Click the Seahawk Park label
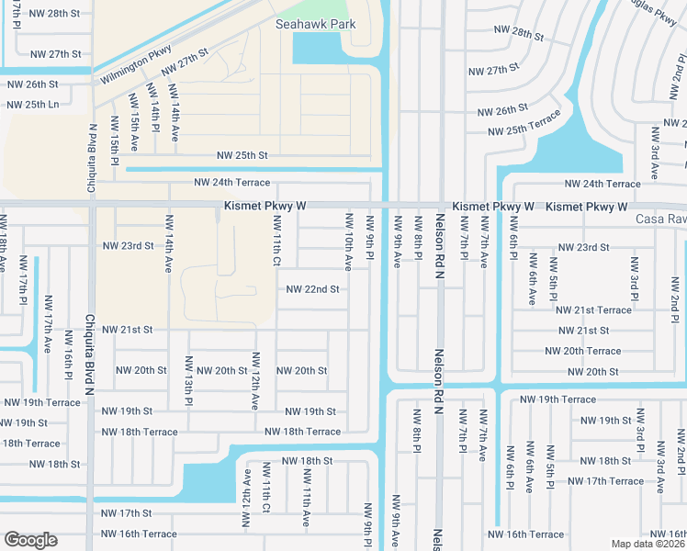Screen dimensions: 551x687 coord(315,24)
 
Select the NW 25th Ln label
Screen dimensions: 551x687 coord(33,105)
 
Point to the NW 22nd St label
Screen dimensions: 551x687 coord(312,288)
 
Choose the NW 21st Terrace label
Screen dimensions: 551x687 coord(594,310)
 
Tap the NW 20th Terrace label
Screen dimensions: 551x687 coord(582,351)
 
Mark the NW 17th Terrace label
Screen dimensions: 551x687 coord(605,481)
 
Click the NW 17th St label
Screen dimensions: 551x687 coord(126,513)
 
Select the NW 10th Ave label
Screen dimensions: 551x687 coord(349,242)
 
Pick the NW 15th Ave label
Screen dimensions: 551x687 coord(133,123)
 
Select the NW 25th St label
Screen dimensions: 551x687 coord(242,155)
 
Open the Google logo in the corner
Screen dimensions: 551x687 coord(30,539)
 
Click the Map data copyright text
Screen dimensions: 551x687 coord(648,544)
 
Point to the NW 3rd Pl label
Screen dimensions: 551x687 coord(634,273)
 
